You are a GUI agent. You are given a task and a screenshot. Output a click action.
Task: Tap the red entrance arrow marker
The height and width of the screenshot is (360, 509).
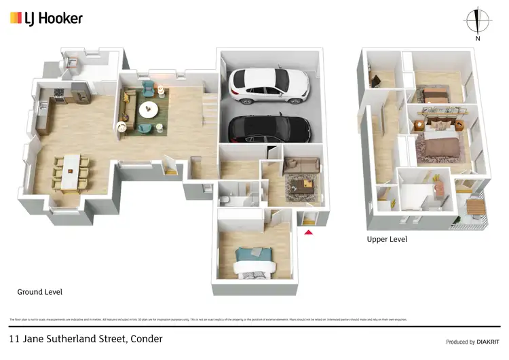[x=308, y=232]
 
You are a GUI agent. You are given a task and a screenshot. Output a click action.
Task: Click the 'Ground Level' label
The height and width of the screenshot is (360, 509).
[x=39, y=292]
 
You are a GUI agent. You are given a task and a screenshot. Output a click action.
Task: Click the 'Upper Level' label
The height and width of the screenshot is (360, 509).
[x=387, y=239]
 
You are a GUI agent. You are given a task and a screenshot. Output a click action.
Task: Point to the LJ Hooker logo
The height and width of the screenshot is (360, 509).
[x=46, y=18]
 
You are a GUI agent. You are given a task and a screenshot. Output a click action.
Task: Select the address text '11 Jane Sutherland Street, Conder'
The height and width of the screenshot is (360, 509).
[x=86, y=338]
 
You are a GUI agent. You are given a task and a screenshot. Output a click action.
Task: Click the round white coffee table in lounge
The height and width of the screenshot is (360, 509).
[x=148, y=110]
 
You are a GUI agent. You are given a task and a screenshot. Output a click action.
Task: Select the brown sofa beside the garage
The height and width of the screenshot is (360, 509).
[x=302, y=164]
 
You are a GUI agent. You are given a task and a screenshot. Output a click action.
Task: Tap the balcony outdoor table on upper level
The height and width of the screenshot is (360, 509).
[x=476, y=204]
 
